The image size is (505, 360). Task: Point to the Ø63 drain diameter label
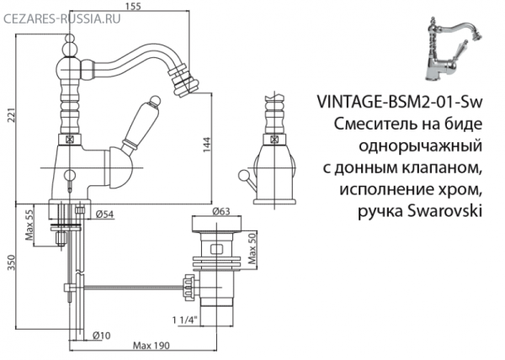tap(222, 212)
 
